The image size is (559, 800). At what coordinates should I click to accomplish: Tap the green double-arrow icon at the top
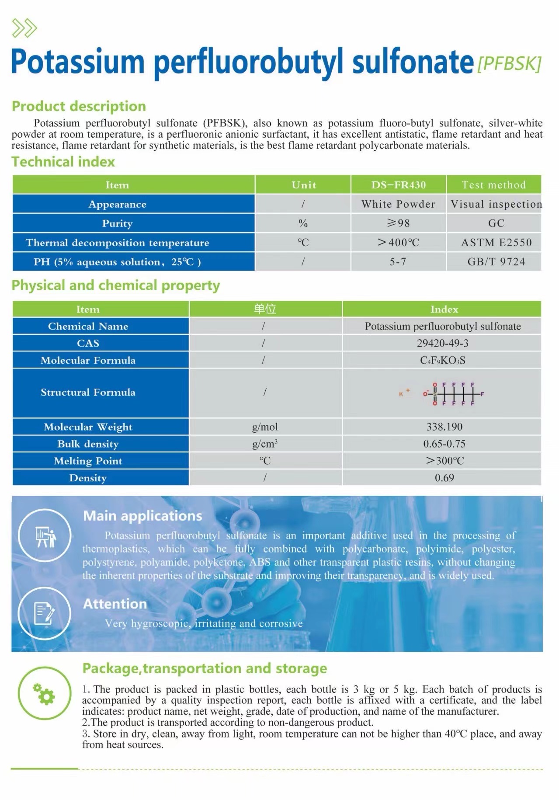pos(24,28)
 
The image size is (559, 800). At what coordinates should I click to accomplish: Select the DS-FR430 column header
pos(398,185)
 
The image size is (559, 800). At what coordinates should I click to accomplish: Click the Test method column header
pos(493,185)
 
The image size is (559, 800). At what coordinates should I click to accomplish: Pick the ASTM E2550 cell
pos(496,243)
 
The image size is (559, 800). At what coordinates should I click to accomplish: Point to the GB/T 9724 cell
pos(496,262)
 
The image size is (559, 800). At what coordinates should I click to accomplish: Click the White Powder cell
pos(398,204)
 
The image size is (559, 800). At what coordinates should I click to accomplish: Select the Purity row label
pos(117,223)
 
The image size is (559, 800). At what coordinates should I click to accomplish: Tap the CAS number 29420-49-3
pos(442,343)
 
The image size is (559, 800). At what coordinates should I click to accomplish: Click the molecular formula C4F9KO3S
pos(442,360)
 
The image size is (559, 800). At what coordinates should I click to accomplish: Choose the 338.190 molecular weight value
pos(444,427)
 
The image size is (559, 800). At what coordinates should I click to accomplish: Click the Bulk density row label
pos(88,444)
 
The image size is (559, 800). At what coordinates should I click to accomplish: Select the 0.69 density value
pos(444,478)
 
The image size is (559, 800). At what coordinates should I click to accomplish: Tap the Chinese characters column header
pos(265,309)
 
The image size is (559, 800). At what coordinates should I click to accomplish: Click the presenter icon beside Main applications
pos(45,536)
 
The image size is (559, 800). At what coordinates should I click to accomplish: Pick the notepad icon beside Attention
pos(45,613)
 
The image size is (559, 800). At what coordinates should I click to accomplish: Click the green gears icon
pos(45,694)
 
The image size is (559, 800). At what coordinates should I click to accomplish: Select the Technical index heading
pos(63,162)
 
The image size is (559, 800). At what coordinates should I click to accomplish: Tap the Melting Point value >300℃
pos(444,461)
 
